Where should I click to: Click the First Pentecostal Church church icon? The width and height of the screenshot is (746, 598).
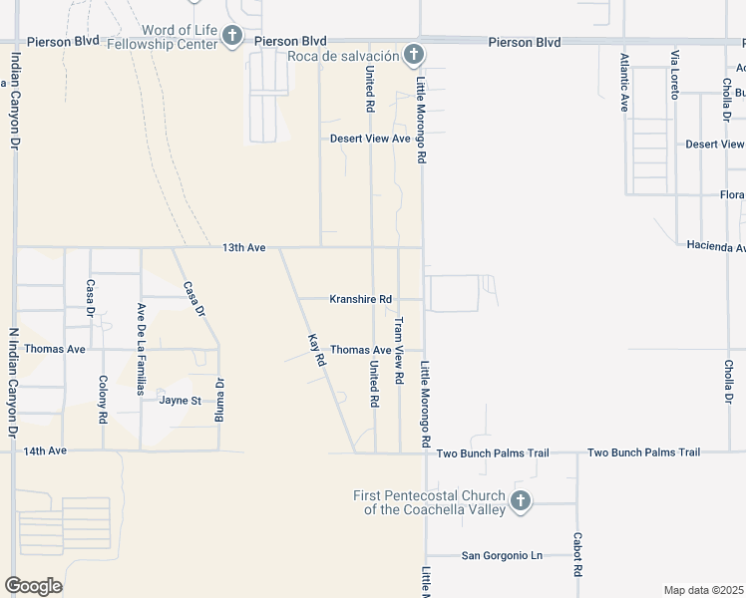(x=520, y=502)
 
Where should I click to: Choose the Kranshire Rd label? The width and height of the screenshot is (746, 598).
(x=361, y=299)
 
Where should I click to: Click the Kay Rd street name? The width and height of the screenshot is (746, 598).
(x=318, y=351)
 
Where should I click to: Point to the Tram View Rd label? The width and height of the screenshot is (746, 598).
(x=398, y=351)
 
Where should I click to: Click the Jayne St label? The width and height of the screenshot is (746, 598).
(x=180, y=401)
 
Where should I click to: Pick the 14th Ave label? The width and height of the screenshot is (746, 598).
(x=45, y=450)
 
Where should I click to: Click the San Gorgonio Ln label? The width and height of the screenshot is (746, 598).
(x=501, y=555)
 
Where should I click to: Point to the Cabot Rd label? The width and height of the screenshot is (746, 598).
(x=577, y=556)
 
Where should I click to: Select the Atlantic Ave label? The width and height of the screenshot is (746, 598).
(x=625, y=82)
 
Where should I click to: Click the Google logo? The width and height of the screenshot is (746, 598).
(x=33, y=585)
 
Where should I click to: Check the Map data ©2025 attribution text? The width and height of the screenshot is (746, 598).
(x=703, y=590)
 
